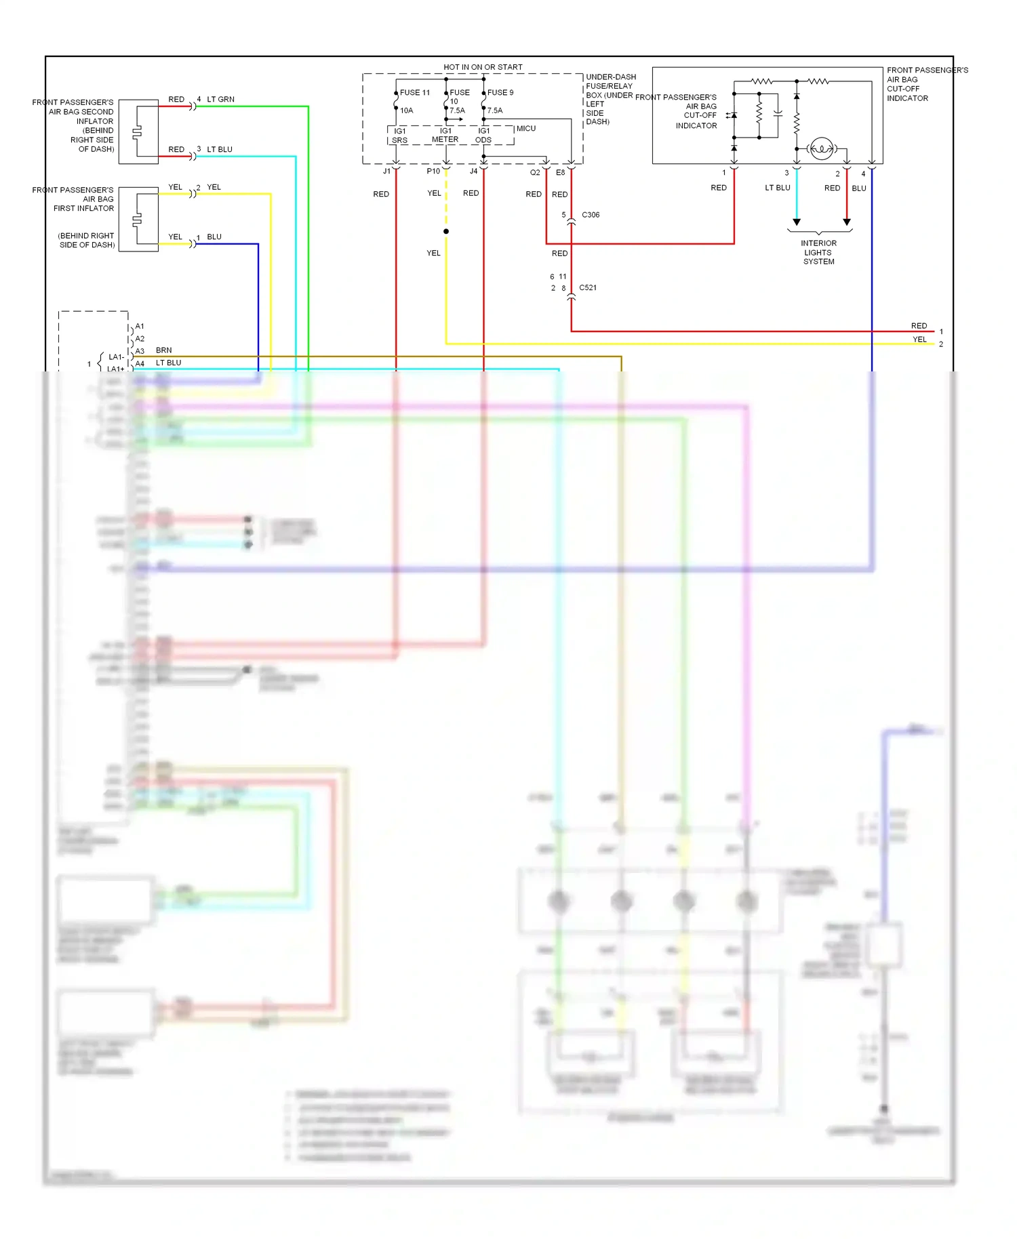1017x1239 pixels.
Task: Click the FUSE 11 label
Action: [x=414, y=92]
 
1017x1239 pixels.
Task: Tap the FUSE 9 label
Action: [x=500, y=92]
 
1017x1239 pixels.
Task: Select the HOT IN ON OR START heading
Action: [x=483, y=67]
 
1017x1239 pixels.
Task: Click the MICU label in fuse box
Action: [x=526, y=128]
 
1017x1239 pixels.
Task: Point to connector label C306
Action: [x=591, y=215]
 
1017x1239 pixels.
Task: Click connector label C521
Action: [x=588, y=287]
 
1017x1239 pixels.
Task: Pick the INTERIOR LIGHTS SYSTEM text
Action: [x=818, y=252]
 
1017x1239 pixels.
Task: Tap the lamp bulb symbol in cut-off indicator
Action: [x=821, y=148]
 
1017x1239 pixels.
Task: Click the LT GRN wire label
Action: [x=220, y=99]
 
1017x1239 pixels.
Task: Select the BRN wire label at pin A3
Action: [x=163, y=350]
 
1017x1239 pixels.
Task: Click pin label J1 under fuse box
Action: [x=386, y=171]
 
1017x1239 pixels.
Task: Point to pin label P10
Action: [x=433, y=171]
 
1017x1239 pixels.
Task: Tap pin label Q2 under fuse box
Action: [x=535, y=172]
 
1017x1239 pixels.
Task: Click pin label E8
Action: [x=560, y=172]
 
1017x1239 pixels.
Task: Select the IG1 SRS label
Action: [x=399, y=136]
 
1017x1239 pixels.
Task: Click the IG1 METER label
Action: [x=445, y=135]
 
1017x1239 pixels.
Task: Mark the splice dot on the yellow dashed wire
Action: [x=446, y=231]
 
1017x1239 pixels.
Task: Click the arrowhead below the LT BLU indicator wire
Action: [x=797, y=222]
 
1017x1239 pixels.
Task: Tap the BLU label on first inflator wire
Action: [x=214, y=237]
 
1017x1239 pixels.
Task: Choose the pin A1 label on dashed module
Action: [x=140, y=326]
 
